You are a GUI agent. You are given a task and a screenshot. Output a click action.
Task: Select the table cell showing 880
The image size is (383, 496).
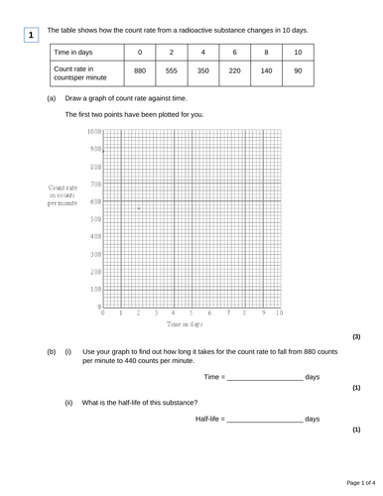141,71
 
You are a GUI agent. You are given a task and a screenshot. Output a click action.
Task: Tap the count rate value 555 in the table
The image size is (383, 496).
172,71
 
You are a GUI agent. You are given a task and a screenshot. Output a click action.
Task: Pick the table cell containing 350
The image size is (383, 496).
203,71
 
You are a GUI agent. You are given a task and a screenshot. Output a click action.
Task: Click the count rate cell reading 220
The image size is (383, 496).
234,71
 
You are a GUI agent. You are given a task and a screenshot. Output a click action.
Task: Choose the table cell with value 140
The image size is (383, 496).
266,71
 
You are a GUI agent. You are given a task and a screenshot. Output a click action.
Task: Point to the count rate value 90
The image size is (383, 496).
298,71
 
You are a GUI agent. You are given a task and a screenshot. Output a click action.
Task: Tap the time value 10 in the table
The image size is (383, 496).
298,52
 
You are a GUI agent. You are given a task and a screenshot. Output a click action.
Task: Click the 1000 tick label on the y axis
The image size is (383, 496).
93,132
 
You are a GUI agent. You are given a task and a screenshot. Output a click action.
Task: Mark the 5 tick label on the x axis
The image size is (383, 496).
191,313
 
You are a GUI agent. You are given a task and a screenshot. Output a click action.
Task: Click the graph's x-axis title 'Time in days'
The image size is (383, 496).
185,324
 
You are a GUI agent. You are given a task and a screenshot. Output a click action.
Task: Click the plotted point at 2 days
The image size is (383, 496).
139,208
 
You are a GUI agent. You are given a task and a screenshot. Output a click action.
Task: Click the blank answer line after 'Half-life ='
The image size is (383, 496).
265,421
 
